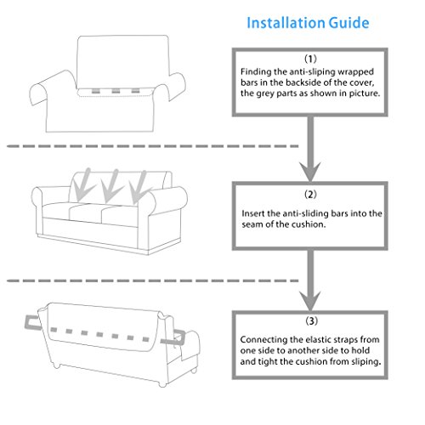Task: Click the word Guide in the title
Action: pyautogui.click(x=349, y=23)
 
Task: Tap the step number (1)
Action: pyautogui.click(x=310, y=59)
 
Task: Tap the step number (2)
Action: pyautogui.click(x=310, y=195)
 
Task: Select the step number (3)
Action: pyautogui.click(x=311, y=321)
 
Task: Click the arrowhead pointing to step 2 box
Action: pyautogui.click(x=310, y=172)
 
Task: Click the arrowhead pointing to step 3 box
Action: pyautogui.click(x=310, y=300)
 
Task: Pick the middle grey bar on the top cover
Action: pyautogui.click(x=116, y=91)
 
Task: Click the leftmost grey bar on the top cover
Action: pyautogui.click(x=96, y=91)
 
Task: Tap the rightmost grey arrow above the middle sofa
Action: pyautogui.click(x=139, y=188)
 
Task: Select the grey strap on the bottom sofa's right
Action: pyautogui.click(x=173, y=338)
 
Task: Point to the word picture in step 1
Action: pyautogui.click(x=364, y=93)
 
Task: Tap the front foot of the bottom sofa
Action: pyautogui.click(x=162, y=383)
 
